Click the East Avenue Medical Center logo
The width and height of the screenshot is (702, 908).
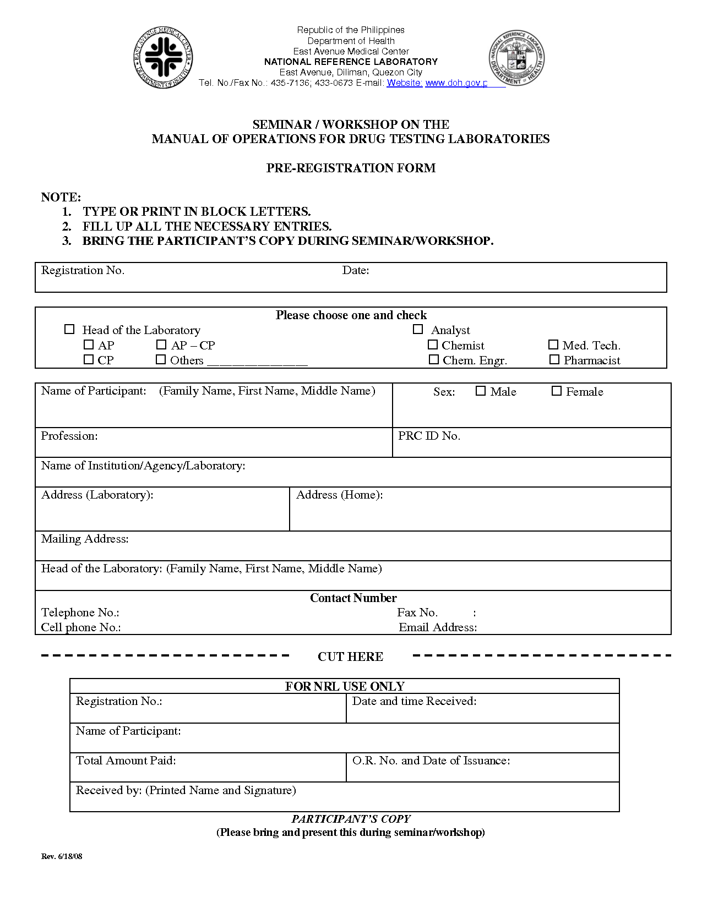[163, 58]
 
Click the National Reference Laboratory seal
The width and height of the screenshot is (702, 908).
[516, 58]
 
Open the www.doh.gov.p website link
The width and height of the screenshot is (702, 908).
[456, 83]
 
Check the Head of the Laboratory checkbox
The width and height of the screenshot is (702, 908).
[69, 329]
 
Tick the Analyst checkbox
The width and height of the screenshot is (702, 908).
[418, 329]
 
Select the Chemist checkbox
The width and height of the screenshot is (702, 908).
[433, 344]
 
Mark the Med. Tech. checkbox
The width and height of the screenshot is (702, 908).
[553, 344]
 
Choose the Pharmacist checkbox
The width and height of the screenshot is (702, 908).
[554, 359]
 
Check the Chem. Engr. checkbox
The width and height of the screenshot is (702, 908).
[434, 359]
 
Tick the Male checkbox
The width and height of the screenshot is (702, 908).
[481, 391]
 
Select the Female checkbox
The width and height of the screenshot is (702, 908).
[557, 391]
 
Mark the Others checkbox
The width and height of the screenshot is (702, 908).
[161, 359]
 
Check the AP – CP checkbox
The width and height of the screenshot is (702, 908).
[161, 344]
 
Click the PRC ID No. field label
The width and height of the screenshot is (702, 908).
[429, 436]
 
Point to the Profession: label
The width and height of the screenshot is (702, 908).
[69, 436]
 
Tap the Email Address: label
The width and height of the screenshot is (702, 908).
[438, 627]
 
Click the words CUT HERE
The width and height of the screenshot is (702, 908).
[350, 657]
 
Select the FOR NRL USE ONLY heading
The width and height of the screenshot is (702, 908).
[345, 686]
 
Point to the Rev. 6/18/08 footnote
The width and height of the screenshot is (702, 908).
[62, 856]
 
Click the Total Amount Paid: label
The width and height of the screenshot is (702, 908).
[126, 761]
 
